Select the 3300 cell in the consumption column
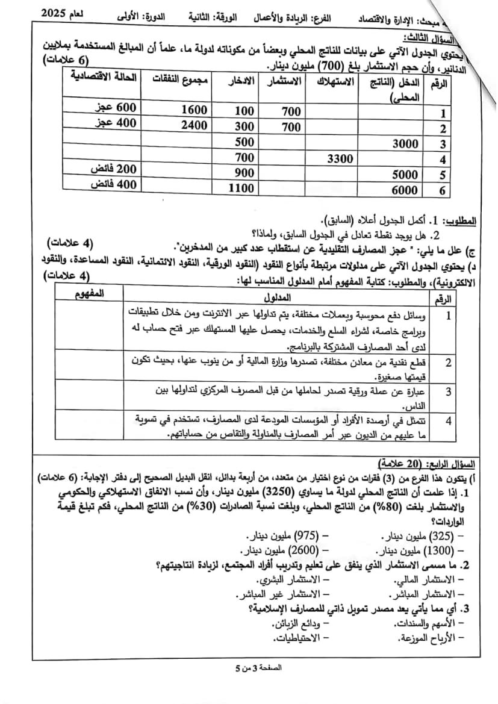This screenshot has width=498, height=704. (x=340, y=158)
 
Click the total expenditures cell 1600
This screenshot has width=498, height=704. (x=194, y=110)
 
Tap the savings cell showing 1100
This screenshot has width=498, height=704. (x=241, y=188)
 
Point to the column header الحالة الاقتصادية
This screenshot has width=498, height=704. (x=104, y=76)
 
